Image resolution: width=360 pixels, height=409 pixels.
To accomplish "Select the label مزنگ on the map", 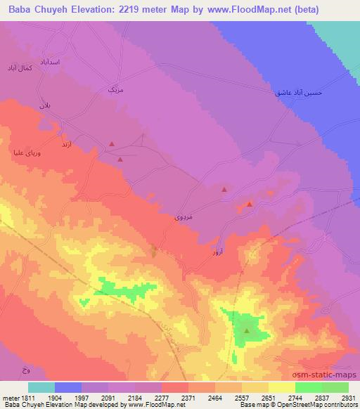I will [115, 91].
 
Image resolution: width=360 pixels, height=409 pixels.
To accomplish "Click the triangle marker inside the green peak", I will [247, 329].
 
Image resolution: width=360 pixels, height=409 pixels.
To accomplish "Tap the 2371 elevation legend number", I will [188, 396].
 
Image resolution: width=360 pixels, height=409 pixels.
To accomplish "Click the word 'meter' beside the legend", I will [9, 396].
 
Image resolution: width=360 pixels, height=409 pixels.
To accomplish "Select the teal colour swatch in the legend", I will [41, 387].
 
